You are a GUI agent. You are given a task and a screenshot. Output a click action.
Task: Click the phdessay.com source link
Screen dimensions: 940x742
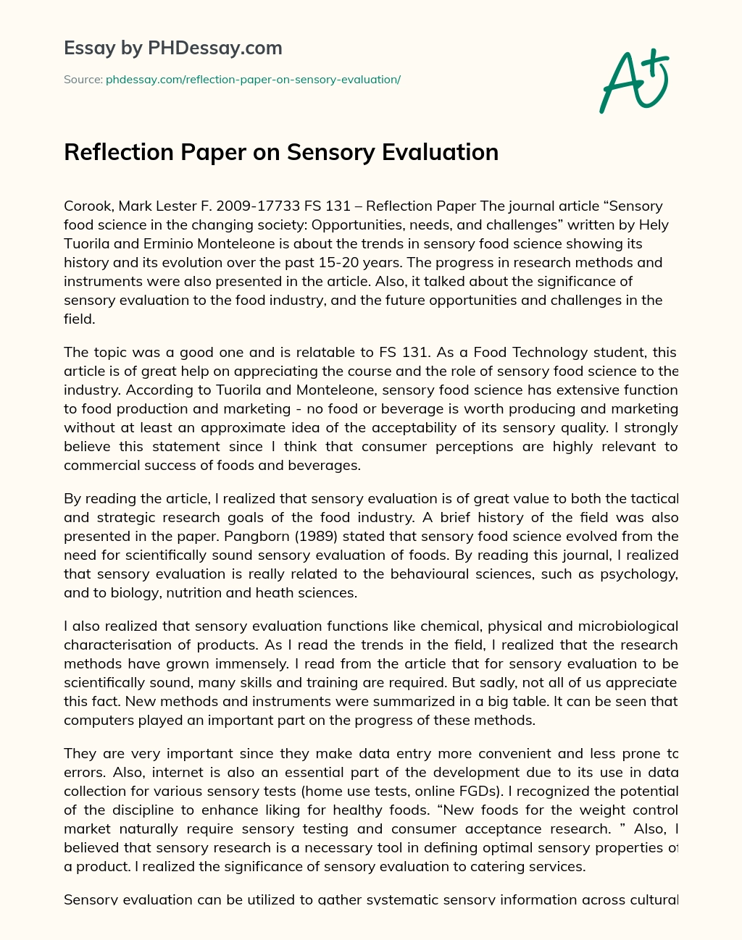[x=253, y=80]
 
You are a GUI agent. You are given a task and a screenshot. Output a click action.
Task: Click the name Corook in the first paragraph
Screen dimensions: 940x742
[x=85, y=206]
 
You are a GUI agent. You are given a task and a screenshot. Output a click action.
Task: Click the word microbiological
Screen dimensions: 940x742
[x=623, y=626]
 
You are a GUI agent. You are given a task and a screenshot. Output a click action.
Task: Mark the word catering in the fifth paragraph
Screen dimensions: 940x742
[x=501, y=866]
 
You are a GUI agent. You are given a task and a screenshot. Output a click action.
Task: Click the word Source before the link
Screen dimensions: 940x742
[x=82, y=80]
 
